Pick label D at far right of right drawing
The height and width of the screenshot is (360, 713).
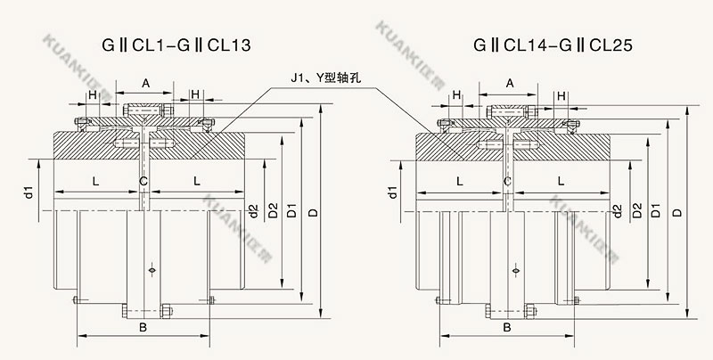click(678, 212)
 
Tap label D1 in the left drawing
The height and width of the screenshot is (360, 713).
click(291, 212)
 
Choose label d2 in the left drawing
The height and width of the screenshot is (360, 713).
click(255, 210)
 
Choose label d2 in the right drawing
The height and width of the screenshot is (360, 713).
click(617, 210)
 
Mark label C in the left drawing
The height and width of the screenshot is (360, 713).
click(143, 182)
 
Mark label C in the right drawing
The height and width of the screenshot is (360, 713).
click(507, 182)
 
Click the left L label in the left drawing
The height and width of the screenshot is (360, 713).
click(94, 182)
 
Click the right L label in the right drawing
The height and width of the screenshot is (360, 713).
click(560, 182)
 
